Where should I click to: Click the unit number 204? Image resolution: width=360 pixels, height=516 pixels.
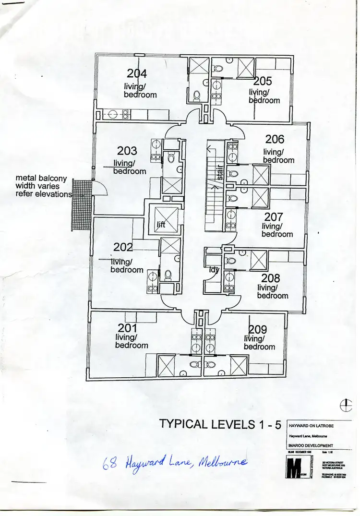coord(137,73)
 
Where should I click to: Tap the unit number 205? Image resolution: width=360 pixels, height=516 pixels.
coord(263,81)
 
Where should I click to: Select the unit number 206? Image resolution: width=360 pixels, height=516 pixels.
coord(275,139)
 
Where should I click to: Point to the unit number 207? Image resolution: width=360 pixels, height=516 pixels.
coord(273,217)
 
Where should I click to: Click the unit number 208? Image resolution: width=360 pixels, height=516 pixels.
coord(271,278)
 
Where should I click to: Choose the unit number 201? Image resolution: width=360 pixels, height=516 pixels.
coord(128,328)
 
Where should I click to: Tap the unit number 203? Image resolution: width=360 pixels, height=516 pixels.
coord(127,151)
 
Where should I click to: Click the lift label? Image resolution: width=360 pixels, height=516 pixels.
coord(161,224)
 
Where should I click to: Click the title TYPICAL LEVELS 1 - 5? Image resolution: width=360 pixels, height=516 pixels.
coord(220,424)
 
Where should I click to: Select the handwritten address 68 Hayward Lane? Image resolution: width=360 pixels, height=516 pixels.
coord(175,463)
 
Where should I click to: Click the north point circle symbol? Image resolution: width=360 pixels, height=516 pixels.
coord(345,406)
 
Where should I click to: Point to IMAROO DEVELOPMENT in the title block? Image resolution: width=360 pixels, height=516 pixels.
coord(311,445)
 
